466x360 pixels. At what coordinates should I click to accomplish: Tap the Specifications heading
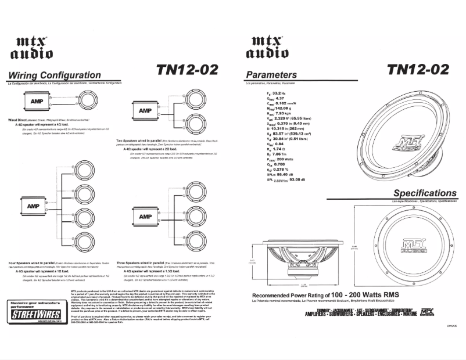pyautogui.click(x=425, y=193)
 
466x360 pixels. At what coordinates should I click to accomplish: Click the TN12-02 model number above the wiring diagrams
pyautogui.click(x=188, y=69)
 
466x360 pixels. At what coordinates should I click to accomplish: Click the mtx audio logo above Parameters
pyautogui.click(x=268, y=47)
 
